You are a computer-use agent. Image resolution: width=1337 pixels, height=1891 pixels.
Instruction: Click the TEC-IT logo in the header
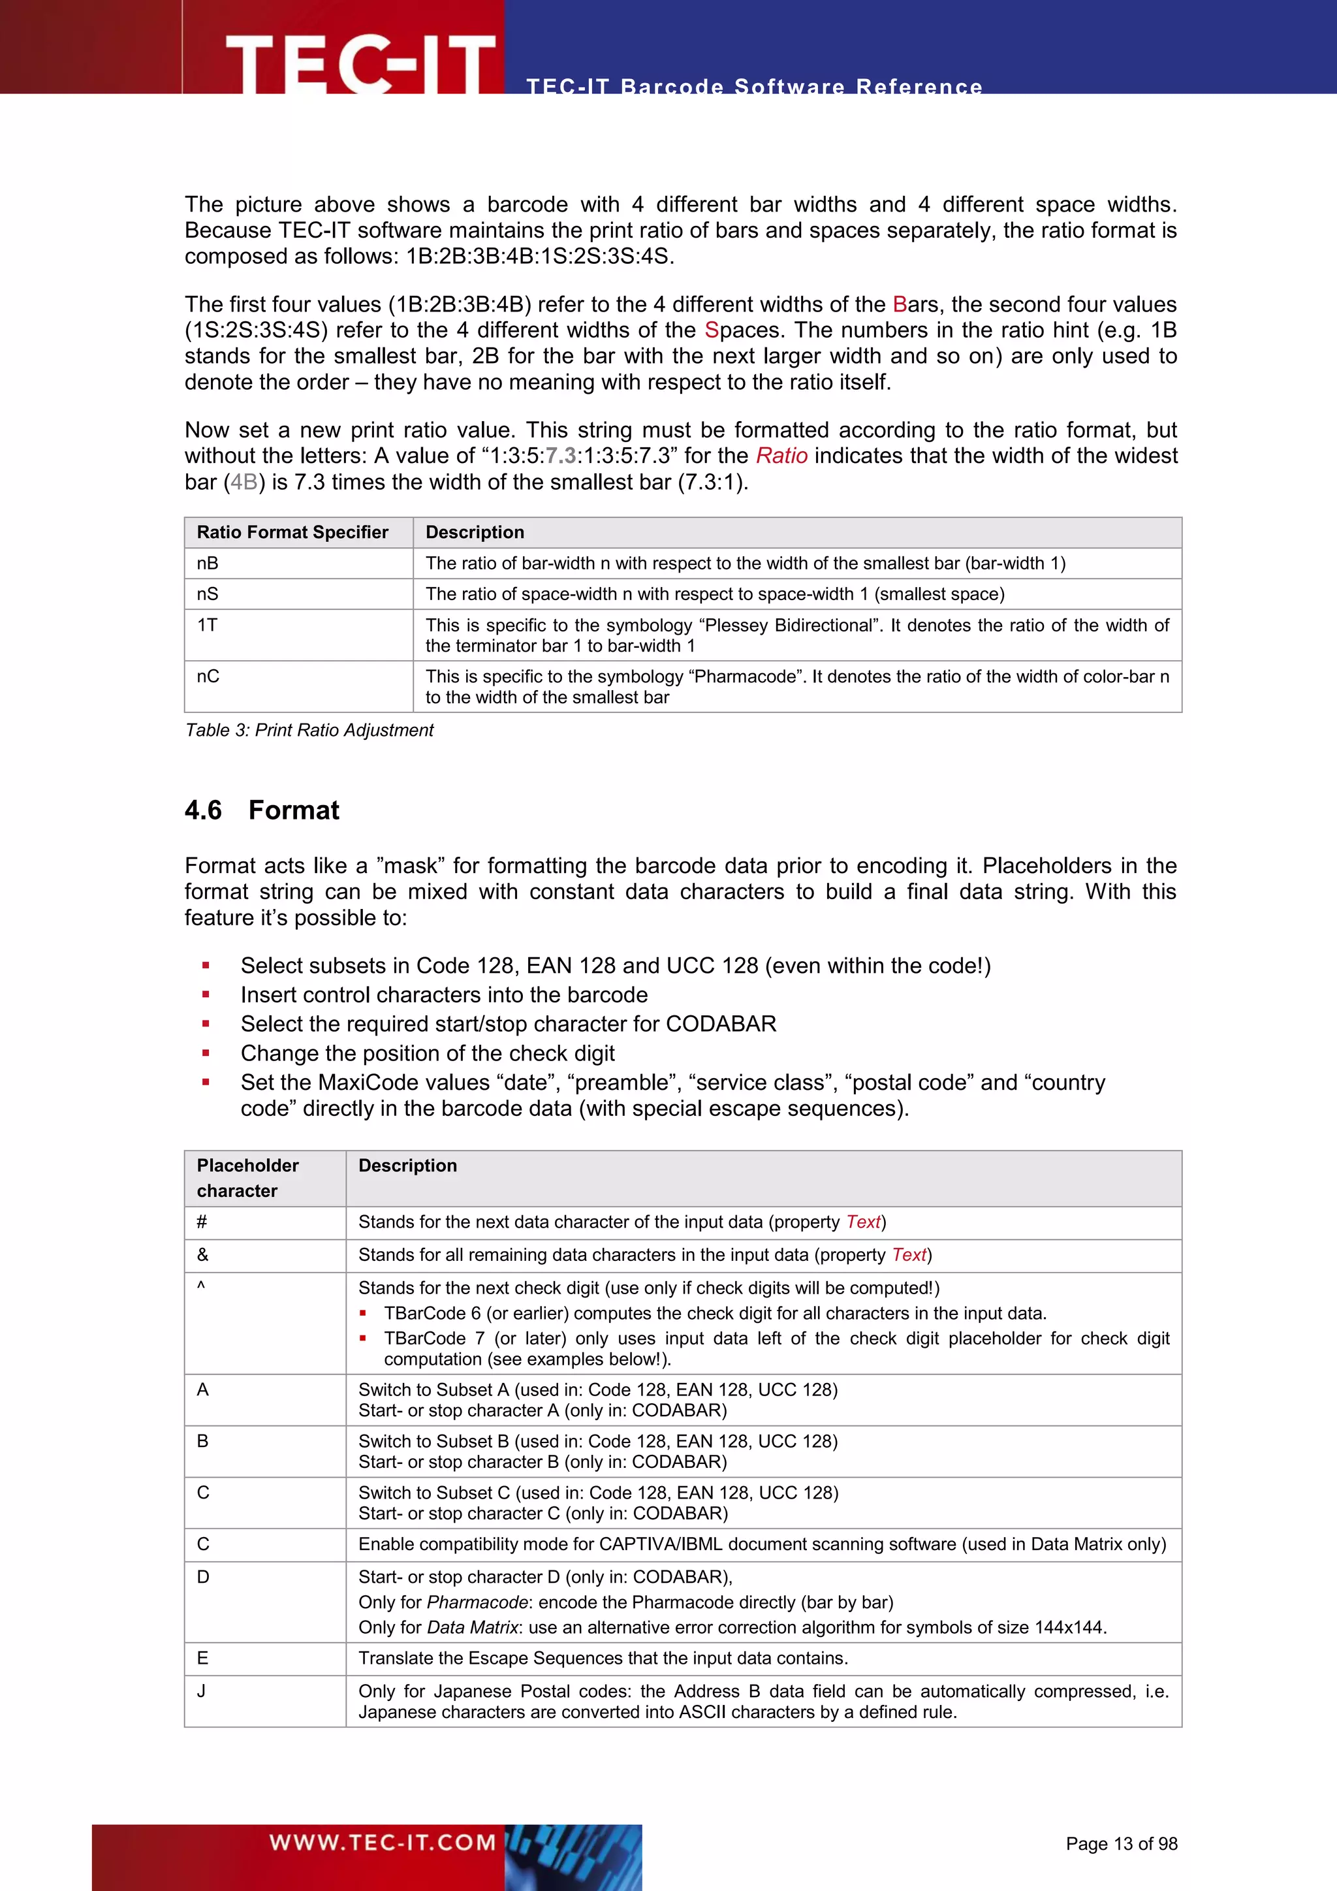[360, 63]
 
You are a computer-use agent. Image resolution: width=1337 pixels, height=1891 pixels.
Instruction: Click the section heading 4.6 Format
[262, 810]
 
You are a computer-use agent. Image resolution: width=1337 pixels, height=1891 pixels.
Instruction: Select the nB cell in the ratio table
[208, 564]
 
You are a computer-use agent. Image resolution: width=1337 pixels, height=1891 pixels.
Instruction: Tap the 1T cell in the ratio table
[208, 625]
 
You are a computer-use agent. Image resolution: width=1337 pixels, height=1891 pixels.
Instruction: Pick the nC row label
[208, 676]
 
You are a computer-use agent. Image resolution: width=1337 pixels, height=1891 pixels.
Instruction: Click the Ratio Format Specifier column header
[292, 532]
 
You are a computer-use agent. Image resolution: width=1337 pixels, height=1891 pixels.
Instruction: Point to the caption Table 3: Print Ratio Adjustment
[309, 730]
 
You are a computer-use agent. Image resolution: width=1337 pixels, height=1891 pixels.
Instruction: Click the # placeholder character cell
[202, 1222]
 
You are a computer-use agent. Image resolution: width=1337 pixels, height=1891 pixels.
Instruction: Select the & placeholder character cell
[202, 1255]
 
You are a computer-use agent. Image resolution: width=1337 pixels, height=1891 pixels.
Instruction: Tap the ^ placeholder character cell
[201, 1287]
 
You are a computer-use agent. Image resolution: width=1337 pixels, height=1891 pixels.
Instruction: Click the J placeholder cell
[202, 1691]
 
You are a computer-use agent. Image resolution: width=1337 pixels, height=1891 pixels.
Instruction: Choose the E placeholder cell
[202, 1658]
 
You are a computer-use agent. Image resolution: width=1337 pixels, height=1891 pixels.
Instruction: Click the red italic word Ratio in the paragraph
[781, 456]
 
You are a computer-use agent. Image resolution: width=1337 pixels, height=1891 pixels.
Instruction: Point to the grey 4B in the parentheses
[244, 482]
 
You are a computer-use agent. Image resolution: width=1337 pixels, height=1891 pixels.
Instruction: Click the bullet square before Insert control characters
[206, 995]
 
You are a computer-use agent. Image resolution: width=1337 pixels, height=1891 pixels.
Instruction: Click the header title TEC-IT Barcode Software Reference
[754, 86]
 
